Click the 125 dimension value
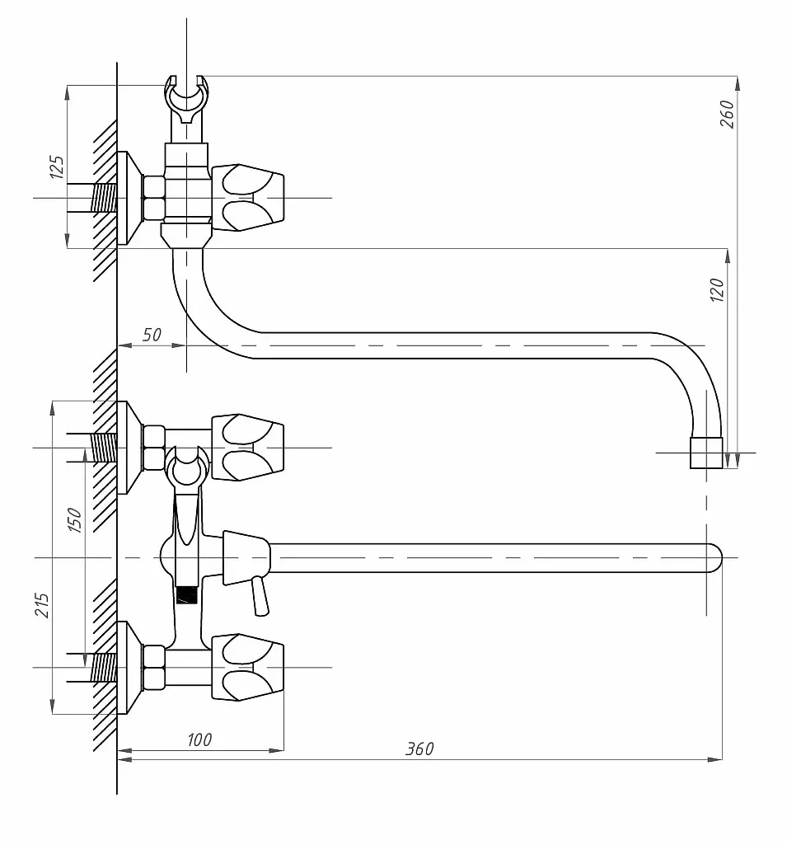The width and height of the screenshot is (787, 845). pos(57,167)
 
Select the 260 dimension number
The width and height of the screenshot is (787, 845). pos(727,114)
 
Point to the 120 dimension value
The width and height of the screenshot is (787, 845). pos(717,289)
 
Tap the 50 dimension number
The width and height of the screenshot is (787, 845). pos(152,335)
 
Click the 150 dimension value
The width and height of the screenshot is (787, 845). pos(74,520)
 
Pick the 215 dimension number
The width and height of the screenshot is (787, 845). pos(41,605)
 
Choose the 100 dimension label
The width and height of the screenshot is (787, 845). pos(199,739)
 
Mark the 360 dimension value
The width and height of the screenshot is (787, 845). pos(419,749)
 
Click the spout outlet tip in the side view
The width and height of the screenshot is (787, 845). pos(706,453)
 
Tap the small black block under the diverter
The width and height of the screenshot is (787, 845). pos(187,595)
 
